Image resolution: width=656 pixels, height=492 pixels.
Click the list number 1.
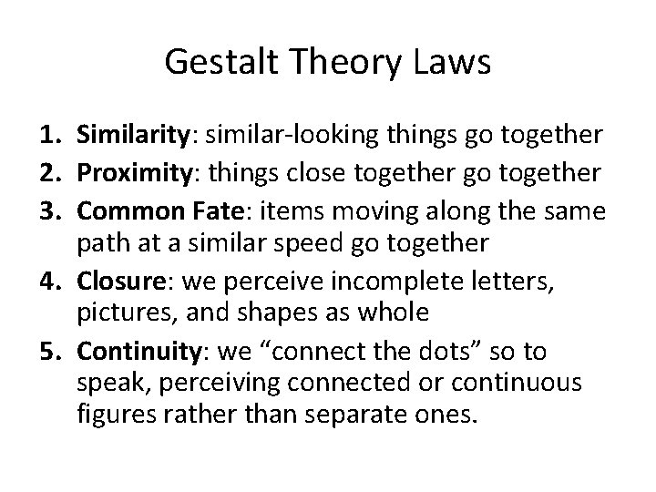(x=51, y=137)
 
